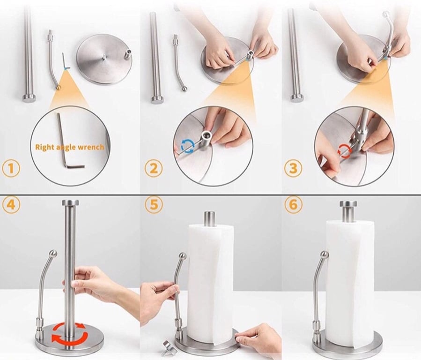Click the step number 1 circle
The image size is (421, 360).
(11, 169)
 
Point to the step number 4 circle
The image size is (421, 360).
(11, 205)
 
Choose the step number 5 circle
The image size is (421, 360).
(153, 205)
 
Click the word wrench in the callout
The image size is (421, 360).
(91, 147)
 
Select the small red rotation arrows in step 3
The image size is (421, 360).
(344, 150)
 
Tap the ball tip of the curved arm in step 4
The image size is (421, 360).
(53, 254)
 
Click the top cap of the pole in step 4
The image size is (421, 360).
(70, 203)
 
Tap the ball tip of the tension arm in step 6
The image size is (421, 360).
(324, 255)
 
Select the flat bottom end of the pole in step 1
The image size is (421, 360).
(29, 98)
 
